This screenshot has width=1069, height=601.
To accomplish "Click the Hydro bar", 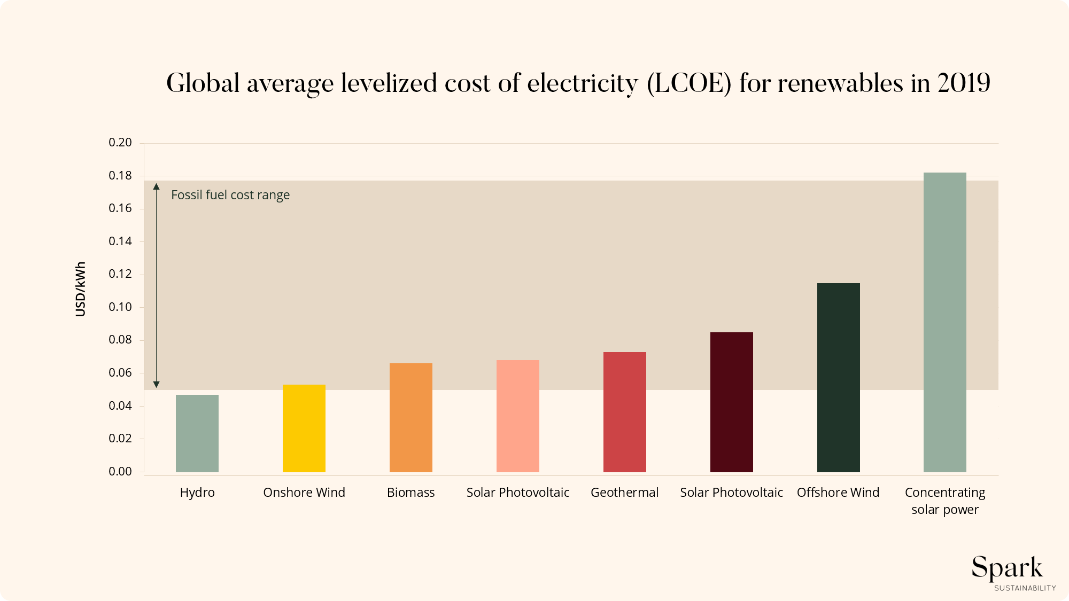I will point(197,433).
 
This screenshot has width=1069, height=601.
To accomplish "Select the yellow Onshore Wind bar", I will point(304,428).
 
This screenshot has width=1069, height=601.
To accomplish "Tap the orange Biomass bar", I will point(411,417).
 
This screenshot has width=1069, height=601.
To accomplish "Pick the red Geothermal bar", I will point(625,412).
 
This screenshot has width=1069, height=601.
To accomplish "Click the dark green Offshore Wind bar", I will point(839,377).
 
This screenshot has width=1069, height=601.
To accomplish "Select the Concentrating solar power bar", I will point(945,322).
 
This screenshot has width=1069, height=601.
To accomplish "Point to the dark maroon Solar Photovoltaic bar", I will point(732,402).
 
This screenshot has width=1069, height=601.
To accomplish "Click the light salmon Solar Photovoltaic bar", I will point(518,416).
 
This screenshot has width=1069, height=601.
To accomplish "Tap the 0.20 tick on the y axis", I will point(120,143).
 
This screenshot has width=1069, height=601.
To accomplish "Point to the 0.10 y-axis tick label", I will point(120,307).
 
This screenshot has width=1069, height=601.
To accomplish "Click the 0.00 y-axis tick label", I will point(120,472).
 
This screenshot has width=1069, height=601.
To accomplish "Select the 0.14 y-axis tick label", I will point(120,241).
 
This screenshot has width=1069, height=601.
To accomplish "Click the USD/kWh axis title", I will point(81,289).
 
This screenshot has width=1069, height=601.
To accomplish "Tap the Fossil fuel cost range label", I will point(230,195).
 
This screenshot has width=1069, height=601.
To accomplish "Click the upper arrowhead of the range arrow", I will point(157,186).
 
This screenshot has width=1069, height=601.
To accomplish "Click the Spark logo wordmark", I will point(1007,568).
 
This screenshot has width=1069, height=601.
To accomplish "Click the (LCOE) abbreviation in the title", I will point(689,84).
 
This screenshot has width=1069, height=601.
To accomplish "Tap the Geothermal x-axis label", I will point(624,493).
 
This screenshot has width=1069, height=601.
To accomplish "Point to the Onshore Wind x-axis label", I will point(304,493).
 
